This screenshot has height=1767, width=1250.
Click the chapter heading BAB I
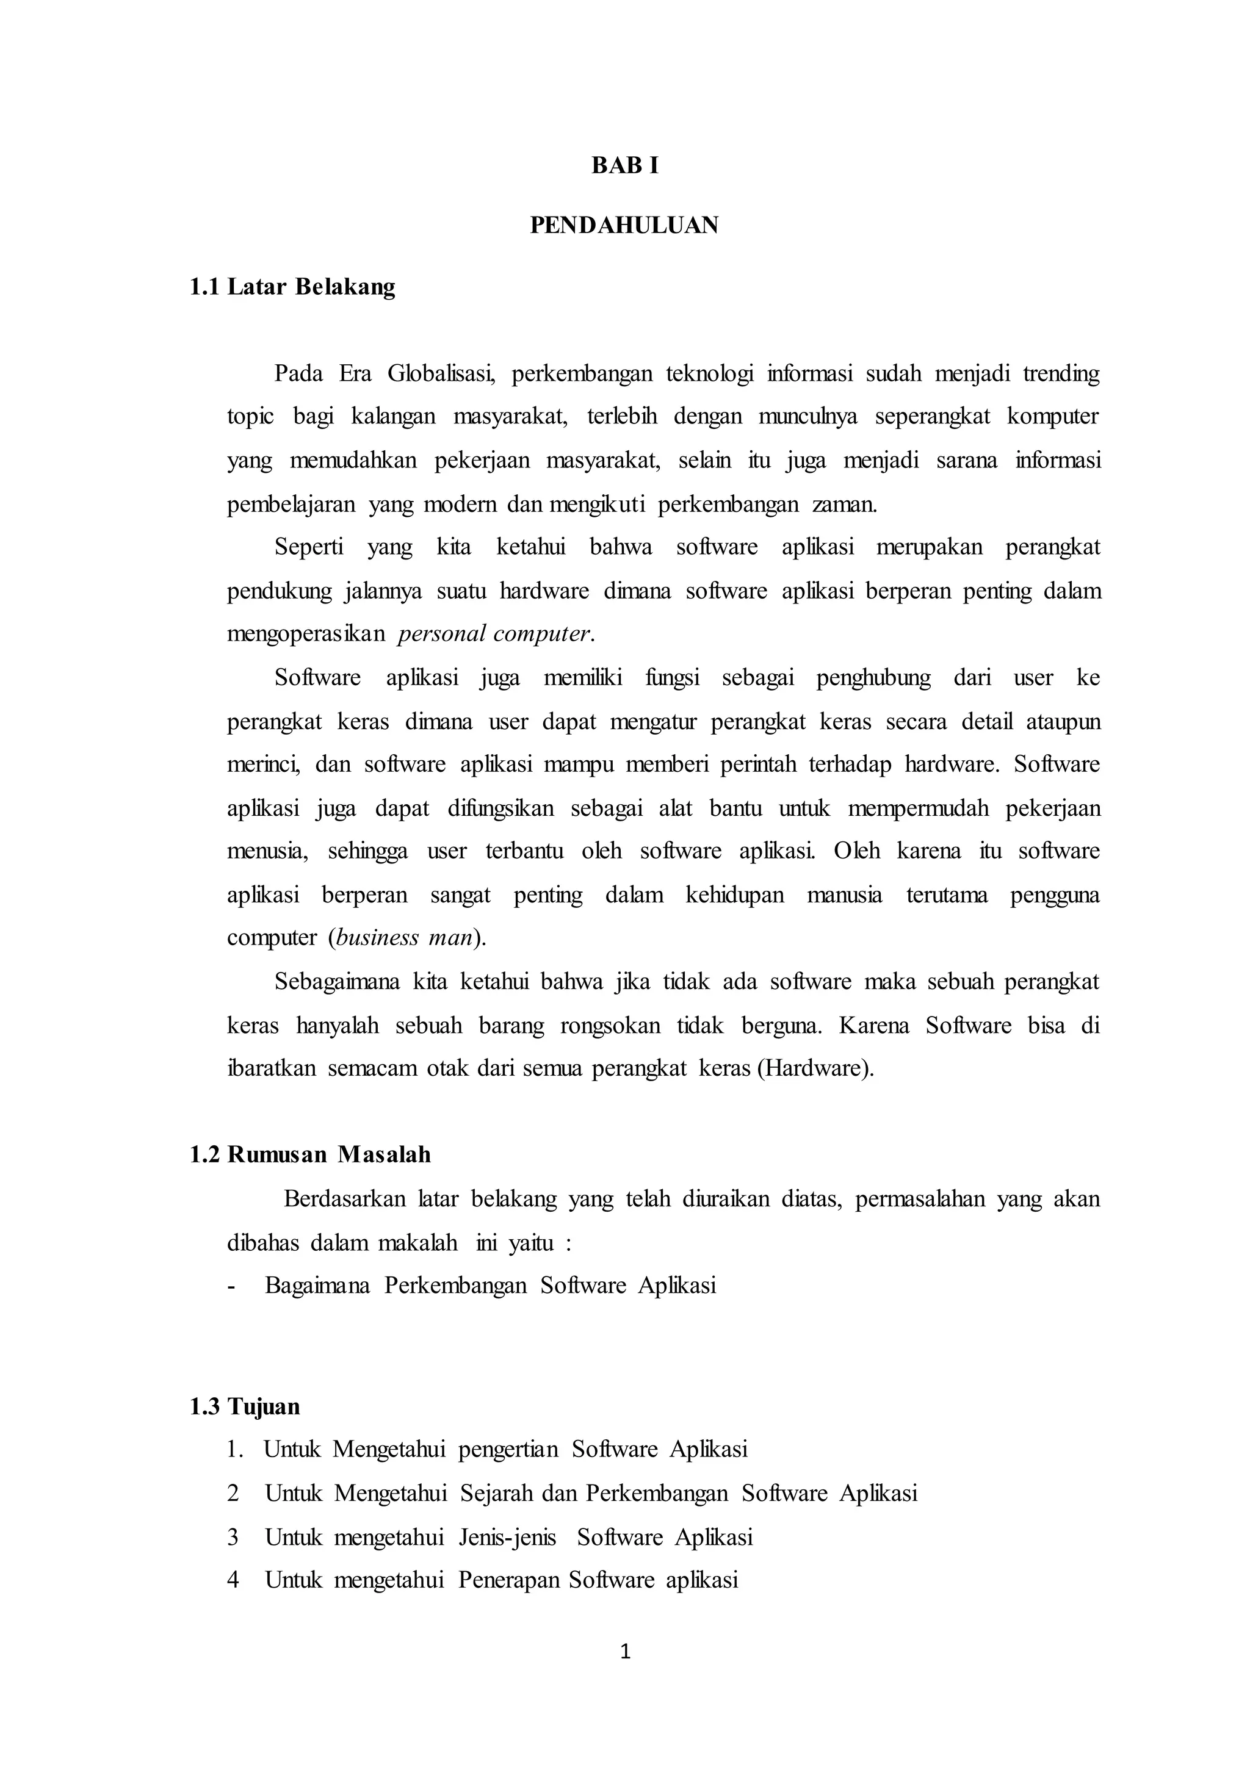(624, 165)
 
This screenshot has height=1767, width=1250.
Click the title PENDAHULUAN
(624, 226)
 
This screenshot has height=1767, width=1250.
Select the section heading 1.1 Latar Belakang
(292, 287)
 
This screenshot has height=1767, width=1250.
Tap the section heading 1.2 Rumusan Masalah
(310, 1154)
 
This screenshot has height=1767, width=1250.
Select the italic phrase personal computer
(496, 633)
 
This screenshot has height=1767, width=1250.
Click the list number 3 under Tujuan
(233, 1537)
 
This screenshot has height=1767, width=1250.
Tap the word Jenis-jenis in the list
(507, 1537)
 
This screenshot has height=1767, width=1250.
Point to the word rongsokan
(610, 1026)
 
